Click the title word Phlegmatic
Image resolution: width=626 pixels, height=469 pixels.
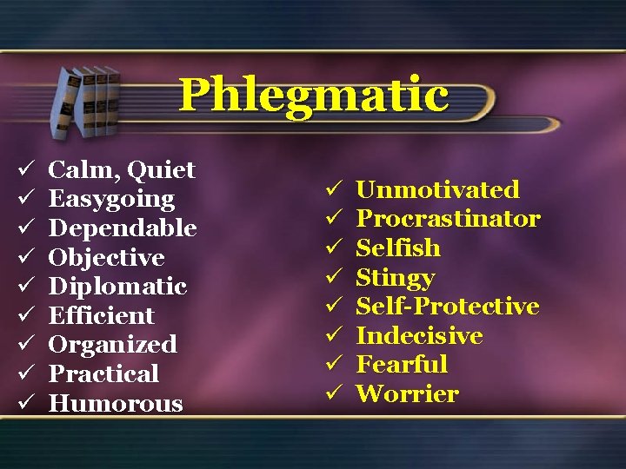coord(313,96)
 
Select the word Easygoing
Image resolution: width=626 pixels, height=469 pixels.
coord(111,199)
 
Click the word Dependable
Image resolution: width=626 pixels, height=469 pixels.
coord(123,228)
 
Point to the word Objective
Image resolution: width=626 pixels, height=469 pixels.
coord(106,258)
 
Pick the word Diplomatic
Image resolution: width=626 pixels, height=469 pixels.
coord(117,287)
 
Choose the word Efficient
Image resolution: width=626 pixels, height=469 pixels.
coord(101,315)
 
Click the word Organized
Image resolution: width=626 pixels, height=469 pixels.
coord(112,345)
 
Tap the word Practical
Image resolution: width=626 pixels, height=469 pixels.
coord(103,374)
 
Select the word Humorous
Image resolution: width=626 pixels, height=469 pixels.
coord(116,404)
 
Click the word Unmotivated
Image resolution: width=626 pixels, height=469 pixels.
coord(438,189)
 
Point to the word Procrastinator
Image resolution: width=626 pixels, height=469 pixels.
coord(449,219)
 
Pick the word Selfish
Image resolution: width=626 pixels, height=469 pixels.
coord(398,248)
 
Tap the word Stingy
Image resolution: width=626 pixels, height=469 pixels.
coord(396,278)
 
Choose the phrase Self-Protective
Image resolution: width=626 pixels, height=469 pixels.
coord(448,307)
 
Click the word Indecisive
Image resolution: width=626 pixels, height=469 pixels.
coord(420,336)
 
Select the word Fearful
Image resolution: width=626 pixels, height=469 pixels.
coord(402,365)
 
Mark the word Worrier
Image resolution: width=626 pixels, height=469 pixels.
coord(407,394)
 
